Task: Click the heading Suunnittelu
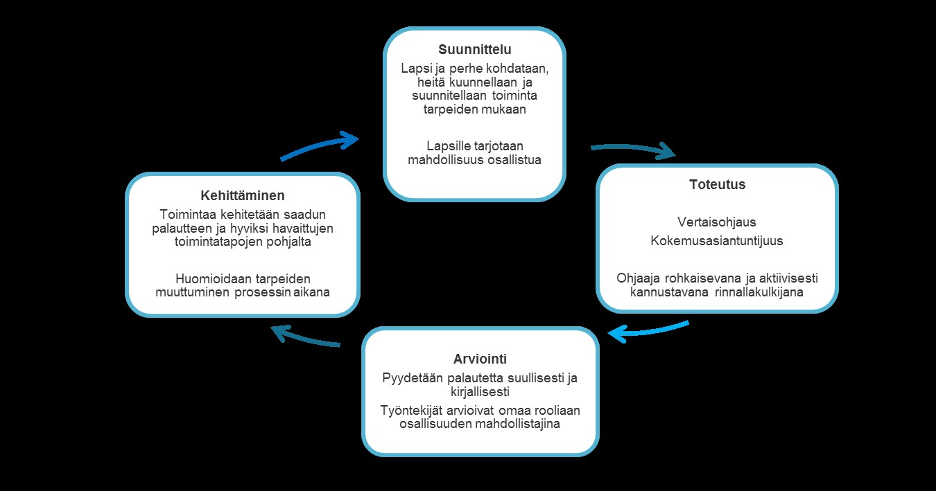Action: pyautogui.click(x=475, y=49)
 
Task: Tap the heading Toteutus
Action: pyautogui.click(x=717, y=184)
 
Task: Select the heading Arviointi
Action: pyautogui.click(x=480, y=359)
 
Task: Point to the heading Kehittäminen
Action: pyautogui.click(x=243, y=195)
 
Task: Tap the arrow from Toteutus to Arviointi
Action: pyautogui.click(x=648, y=332)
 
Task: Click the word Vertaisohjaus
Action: pyautogui.click(x=717, y=222)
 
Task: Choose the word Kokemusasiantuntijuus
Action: pyautogui.click(x=717, y=240)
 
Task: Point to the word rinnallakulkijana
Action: pyautogui.click(x=759, y=292)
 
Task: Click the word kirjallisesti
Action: pyautogui.click(x=480, y=392)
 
